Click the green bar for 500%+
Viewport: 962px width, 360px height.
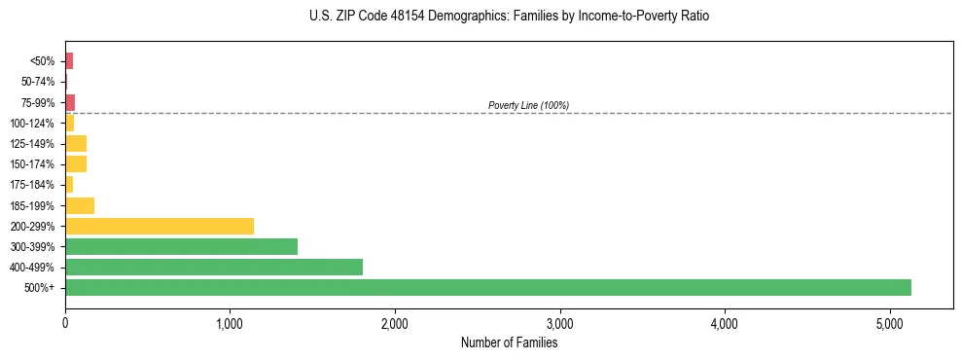[x=487, y=287]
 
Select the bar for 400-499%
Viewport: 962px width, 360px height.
[x=214, y=267]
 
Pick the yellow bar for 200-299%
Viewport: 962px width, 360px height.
[x=160, y=226]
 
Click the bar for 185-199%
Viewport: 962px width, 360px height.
[x=80, y=205]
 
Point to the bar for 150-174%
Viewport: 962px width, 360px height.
[x=76, y=163]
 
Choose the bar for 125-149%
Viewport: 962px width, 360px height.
[x=76, y=143]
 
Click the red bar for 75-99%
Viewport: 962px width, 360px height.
[x=70, y=102]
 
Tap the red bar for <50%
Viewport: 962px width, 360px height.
[x=69, y=61]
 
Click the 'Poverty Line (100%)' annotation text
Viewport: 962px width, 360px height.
[x=528, y=105]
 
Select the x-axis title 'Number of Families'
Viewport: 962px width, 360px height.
[x=509, y=342]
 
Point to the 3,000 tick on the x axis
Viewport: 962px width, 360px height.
[x=559, y=322]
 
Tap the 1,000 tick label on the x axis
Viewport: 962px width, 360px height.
[x=230, y=322]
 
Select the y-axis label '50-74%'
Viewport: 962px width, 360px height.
[x=38, y=82]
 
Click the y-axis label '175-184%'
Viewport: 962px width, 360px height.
[x=33, y=185]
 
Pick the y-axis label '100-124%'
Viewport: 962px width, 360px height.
[x=33, y=123]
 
